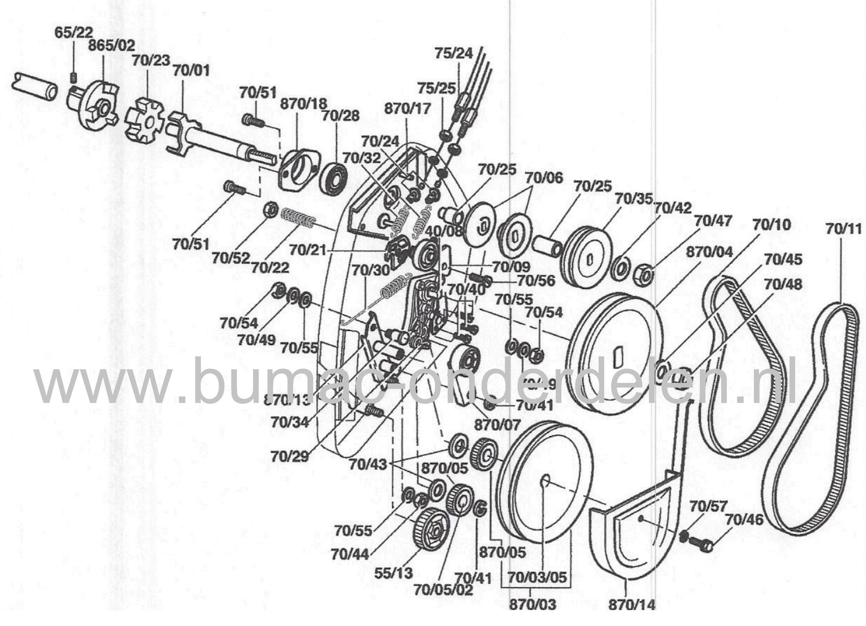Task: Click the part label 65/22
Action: [x=74, y=33]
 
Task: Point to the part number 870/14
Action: [x=631, y=605]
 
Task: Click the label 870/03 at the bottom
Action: [x=533, y=604]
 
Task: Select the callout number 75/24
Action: [x=453, y=53]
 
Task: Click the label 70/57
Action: [x=709, y=506]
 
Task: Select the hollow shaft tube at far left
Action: [x=36, y=91]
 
